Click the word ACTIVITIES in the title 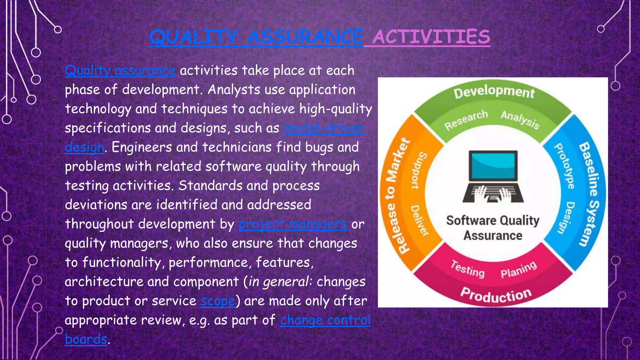431,37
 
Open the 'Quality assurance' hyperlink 120,71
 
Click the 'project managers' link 292,224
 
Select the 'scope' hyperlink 217,301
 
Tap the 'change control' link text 325,320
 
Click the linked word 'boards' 86,339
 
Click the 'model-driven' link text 324,128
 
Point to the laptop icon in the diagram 493,177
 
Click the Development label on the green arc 494,92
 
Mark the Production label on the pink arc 496,295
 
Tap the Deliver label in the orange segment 419,220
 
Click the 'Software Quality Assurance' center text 493,228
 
